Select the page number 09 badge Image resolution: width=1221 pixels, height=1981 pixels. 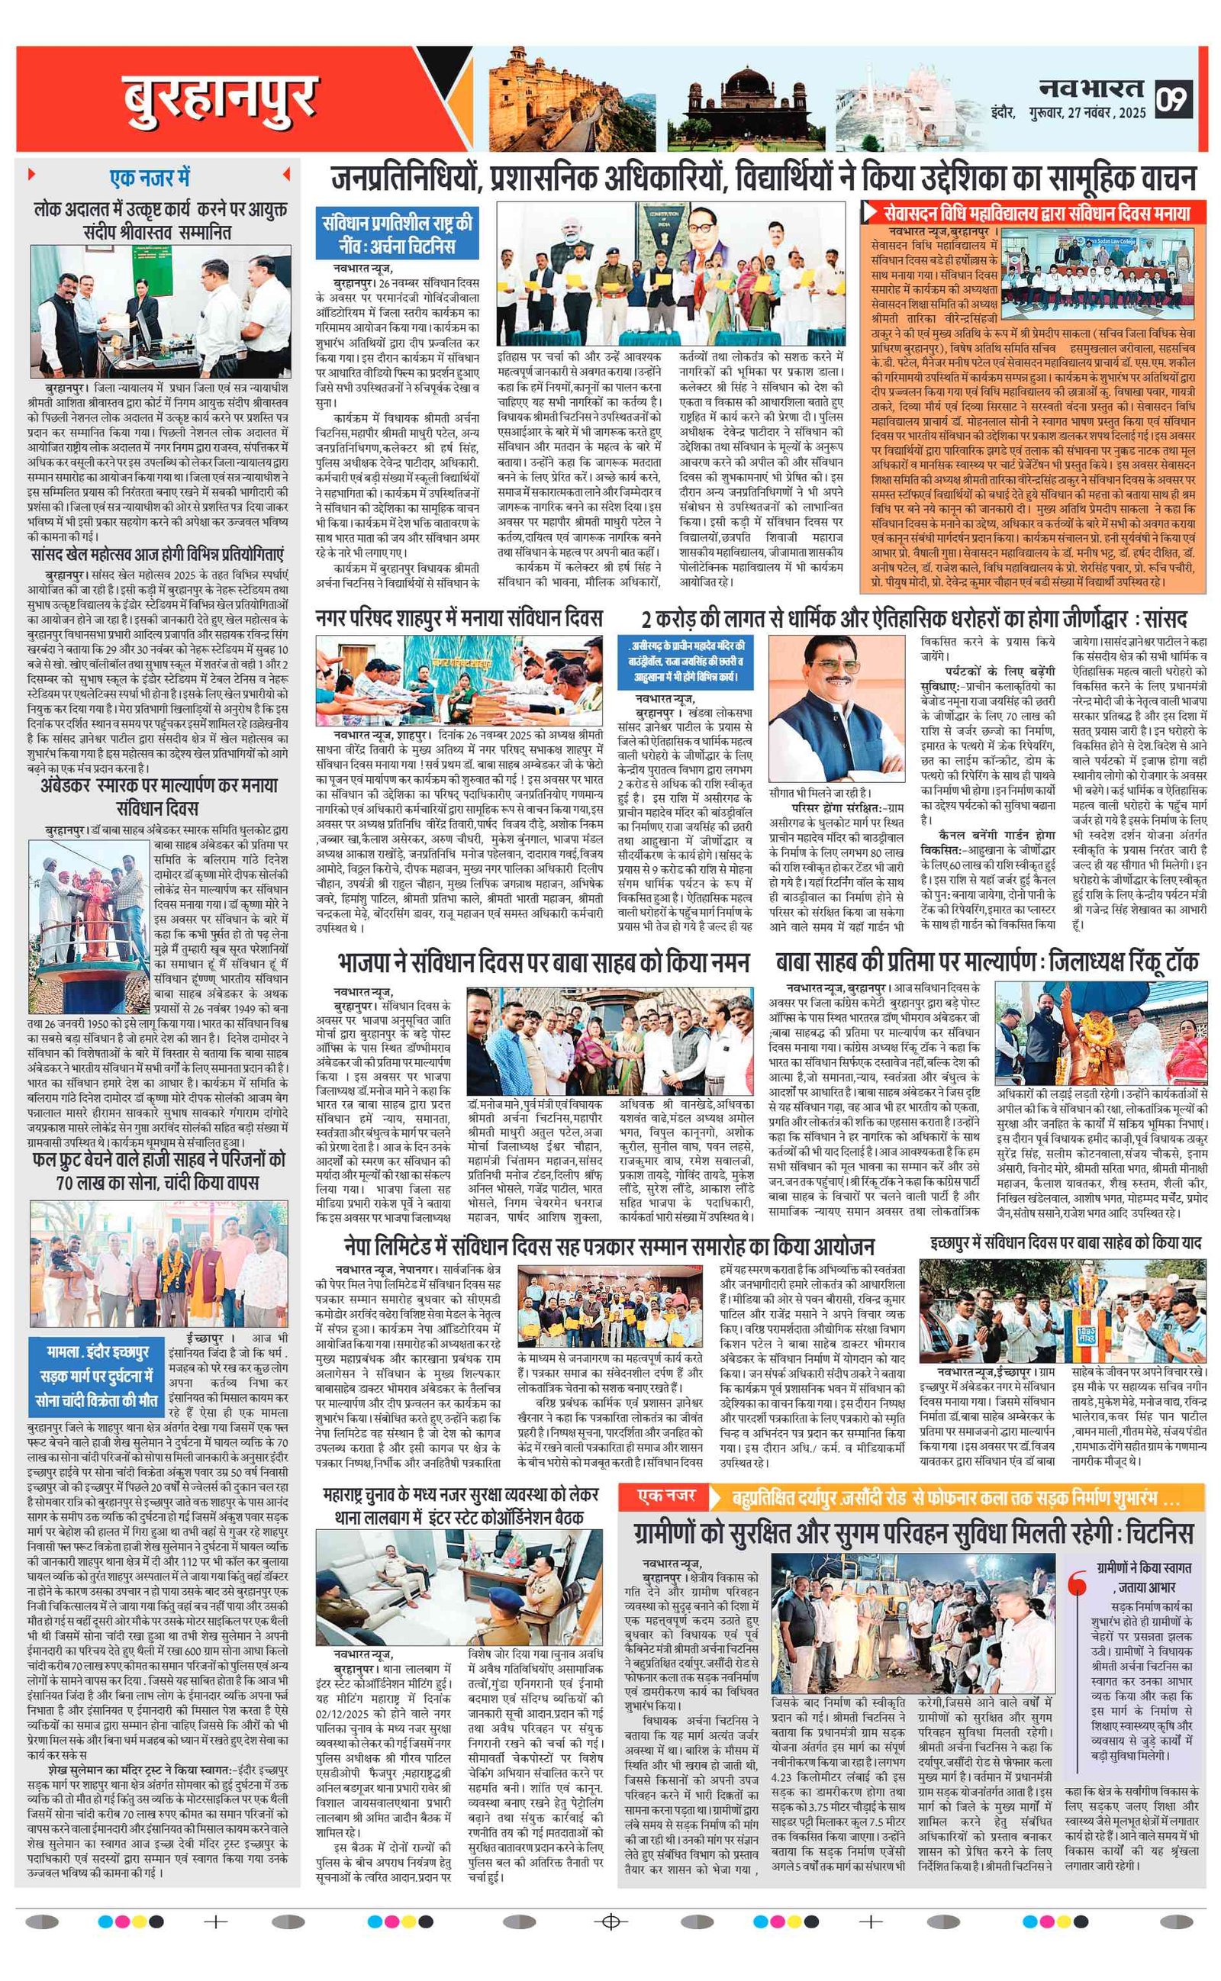coord(1174,99)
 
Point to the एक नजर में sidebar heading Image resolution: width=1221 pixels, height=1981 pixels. coord(150,177)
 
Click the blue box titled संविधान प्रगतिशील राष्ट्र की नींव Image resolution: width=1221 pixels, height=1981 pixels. coord(398,234)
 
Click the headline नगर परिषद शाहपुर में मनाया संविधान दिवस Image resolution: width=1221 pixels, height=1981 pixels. coord(459,619)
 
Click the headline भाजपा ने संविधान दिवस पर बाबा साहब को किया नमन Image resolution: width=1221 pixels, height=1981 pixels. coord(543,962)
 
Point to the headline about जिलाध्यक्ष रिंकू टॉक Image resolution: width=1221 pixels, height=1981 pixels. coord(987,962)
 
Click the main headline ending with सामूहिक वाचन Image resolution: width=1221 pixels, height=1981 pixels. coord(763,179)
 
